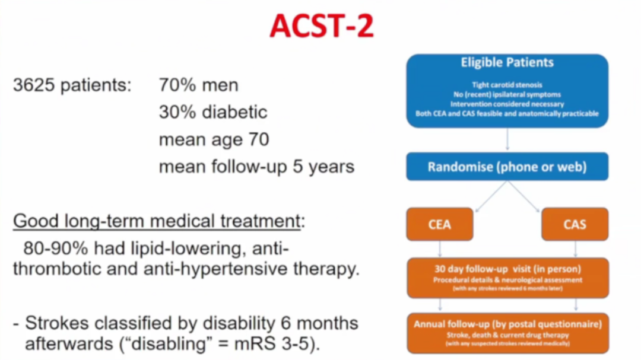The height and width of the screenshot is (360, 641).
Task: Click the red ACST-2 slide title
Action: (322, 26)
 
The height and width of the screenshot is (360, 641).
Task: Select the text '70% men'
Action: (199, 85)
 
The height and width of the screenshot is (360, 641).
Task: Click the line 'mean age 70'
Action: (214, 139)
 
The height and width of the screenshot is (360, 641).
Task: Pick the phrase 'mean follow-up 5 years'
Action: (257, 167)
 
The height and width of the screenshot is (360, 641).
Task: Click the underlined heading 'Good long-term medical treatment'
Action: (157, 221)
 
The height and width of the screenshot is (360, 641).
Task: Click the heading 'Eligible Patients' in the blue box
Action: (507, 62)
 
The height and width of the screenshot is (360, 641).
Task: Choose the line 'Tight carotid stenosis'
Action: (507, 85)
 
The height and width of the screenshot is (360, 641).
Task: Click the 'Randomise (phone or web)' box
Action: (507, 167)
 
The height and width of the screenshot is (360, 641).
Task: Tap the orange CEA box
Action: (440, 224)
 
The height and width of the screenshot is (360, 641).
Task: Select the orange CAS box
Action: (575, 224)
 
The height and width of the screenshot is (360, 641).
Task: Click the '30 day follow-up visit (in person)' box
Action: (507, 278)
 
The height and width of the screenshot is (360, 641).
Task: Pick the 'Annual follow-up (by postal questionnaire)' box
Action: (507, 333)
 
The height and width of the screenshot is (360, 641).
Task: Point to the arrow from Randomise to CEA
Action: (491, 196)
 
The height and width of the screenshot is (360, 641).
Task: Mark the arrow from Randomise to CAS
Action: (523, 196)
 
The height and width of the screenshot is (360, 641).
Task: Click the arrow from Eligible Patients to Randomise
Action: (507, 139)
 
